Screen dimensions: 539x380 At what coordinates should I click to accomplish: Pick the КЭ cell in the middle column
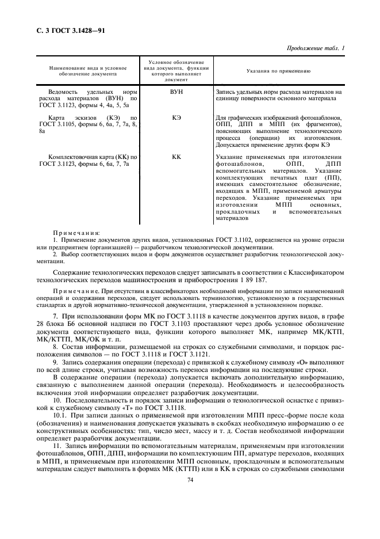[x=176, y=117]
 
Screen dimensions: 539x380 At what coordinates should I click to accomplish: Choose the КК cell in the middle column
[x=176, y=157]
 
